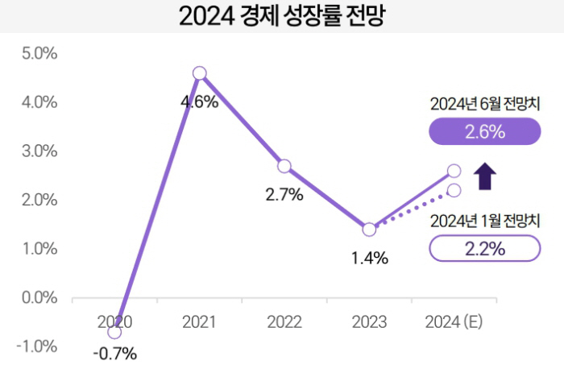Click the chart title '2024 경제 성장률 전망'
tap(282, 17)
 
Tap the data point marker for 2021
tap(200, 73)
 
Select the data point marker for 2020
tap(114, 332)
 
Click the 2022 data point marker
tap(284, 166)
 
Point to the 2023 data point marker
tap(369, 230)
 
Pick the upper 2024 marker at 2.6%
tap(454, 171)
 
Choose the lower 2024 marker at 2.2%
tap(454, 190)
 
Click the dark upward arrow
tap(484, 176)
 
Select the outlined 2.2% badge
tap(484, 249)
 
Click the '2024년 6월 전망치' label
tap(484, 104)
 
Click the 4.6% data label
tap(200, 102)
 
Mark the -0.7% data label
tap(114, 354)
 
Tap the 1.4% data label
tap(371, 259)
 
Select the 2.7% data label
tap(284, 194)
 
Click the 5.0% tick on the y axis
tap(38, 54)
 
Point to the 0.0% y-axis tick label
tap(38, 298)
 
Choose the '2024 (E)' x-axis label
tap(454, 322)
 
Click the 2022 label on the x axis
tap(284, 322)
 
